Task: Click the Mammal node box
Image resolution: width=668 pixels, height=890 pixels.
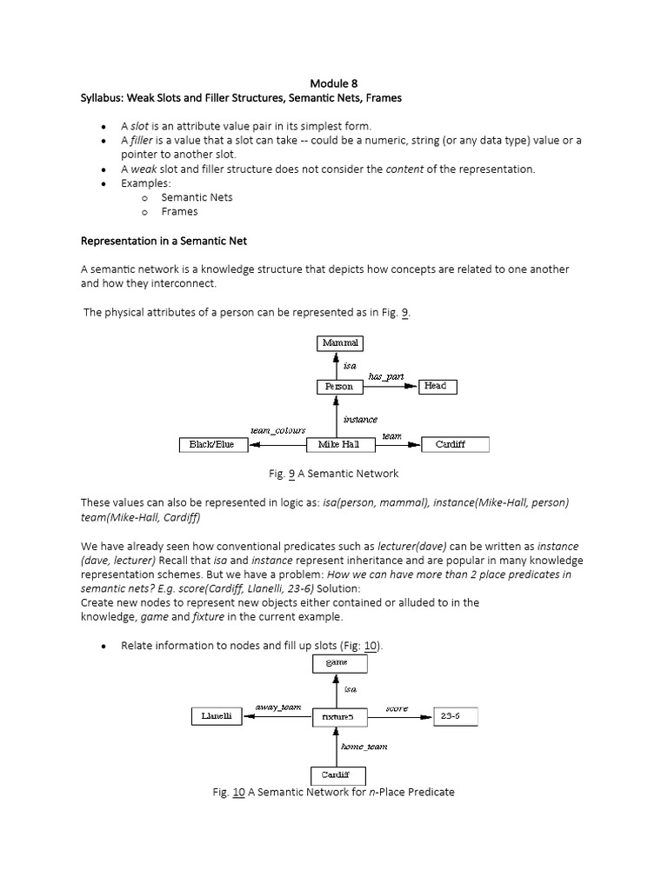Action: pos(340,342)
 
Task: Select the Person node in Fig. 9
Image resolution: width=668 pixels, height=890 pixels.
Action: pos(339,386)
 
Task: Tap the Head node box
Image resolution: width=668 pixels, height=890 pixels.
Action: pos(434,386)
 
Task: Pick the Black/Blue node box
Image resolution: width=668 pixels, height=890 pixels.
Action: pos(212,444)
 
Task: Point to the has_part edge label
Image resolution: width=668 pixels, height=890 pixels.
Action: pos(385,375)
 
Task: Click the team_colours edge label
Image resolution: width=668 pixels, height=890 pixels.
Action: pos(277,430)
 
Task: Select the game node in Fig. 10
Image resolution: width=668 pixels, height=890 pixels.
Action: pos(339,663)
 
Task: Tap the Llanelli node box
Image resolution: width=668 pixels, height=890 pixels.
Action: pos(217,716)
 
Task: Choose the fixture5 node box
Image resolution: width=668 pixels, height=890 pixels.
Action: pos(336,716)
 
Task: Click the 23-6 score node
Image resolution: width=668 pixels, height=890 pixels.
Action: pos(454,716)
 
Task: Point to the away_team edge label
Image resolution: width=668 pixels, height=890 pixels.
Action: pos(277,707)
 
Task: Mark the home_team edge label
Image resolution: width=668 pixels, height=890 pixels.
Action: pos(364,746)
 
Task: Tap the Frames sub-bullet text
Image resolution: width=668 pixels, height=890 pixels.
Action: pos(179,211)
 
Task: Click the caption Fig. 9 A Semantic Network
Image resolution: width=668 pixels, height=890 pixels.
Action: pos(333,474)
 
